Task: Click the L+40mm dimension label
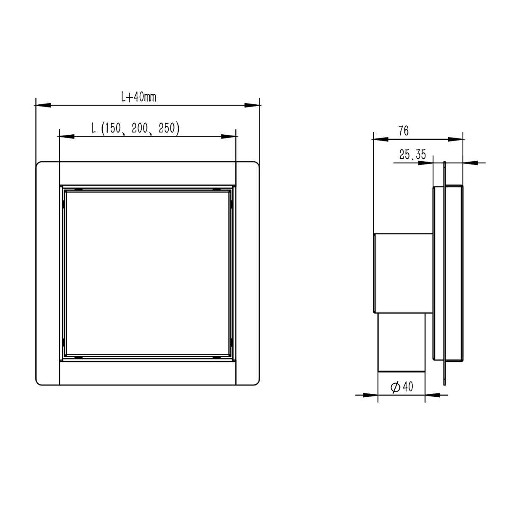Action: point(138,97)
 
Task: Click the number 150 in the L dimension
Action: point(113,128)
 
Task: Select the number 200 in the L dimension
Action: point(140,128)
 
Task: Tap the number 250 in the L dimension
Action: point(167,128)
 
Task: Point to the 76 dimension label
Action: point(404,131)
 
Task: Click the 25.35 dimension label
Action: point(412,154)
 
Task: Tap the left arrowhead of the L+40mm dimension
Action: point(43,105)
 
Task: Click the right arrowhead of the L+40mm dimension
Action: point(252,105)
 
